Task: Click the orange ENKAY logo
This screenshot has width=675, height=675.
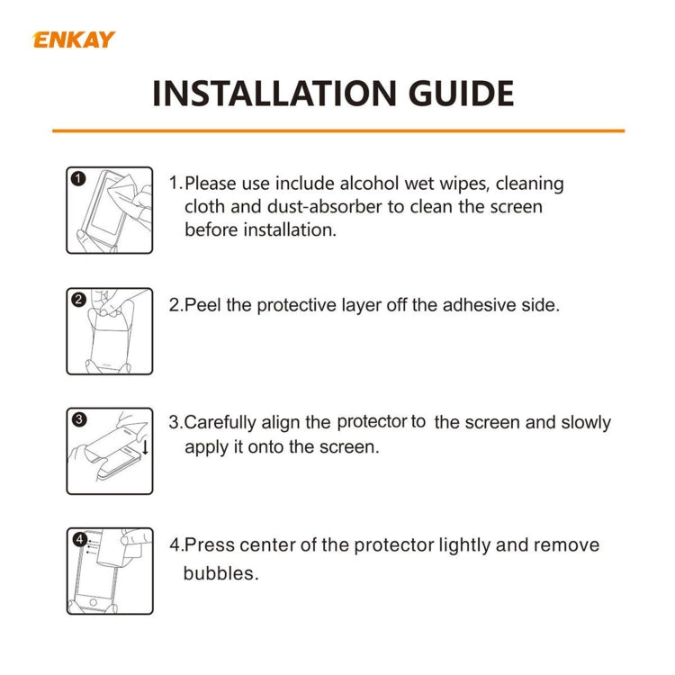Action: click(74, 40)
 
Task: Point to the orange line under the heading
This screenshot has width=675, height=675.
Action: click(337, 131)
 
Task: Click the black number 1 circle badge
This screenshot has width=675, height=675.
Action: click(77, 177)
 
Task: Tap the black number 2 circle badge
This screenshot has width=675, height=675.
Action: click(77, 299)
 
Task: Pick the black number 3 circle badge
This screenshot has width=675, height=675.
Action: click(78, 418)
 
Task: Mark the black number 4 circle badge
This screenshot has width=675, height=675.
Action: click(78, 539)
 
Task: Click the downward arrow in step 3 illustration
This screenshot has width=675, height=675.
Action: click(145, 445)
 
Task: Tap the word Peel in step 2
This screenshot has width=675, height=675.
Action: click(203, 305)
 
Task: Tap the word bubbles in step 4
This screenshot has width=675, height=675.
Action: click(220, 572)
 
